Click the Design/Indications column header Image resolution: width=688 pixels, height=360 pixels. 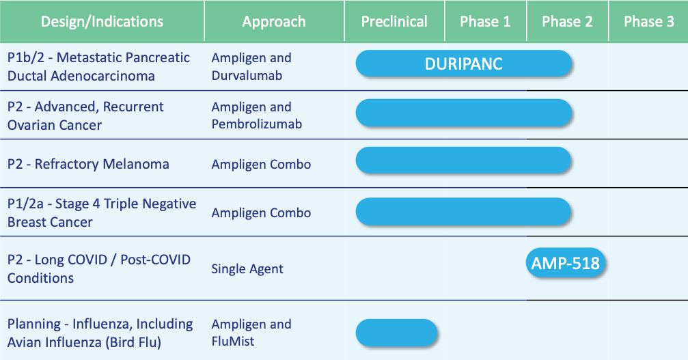[x=102, y=21]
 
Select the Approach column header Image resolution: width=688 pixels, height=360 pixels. [x=274, y=21]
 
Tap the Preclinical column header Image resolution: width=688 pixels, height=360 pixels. [x=394, y=21]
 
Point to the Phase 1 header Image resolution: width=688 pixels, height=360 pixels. [x=485, y=21]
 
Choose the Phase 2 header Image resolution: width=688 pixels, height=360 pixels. [x=567, y=21]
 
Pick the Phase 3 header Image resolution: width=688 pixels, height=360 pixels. [x=649, y=21]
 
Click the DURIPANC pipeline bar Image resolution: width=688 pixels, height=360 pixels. [x=464, y=64]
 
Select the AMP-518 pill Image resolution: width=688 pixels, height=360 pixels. [x=566, y=262]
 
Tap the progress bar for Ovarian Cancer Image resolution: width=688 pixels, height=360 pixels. [x=464, y=113]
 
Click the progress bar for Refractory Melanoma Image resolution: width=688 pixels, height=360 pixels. [x=463, y=160]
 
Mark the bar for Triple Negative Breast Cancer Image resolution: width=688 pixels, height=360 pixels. [x=463, y=211]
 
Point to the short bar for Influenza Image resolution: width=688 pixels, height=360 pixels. [x=397, y=333]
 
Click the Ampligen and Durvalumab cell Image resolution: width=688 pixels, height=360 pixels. [x=251, y=67]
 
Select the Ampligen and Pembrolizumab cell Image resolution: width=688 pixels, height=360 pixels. [x=257, y=115]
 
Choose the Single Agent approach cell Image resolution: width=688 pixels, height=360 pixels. [x=247, y=268]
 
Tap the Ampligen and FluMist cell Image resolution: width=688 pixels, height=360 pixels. [x=251, y=333]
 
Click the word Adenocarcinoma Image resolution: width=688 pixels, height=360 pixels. [x=102, y=76]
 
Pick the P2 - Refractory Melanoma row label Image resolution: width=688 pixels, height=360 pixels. [x=88, y=164]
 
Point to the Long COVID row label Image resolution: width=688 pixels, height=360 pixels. [x=99, y=268]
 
